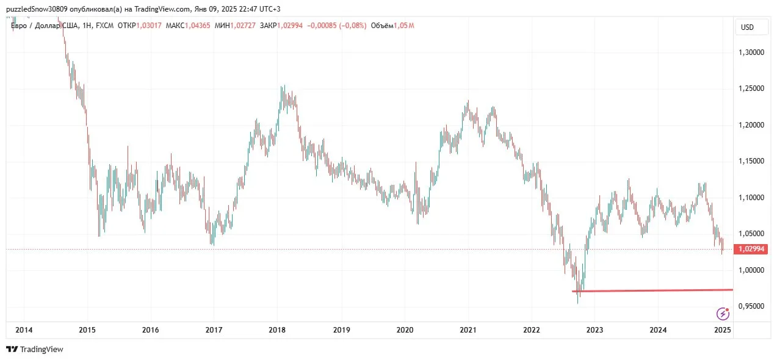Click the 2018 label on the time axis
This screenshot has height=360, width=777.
coord(277,330)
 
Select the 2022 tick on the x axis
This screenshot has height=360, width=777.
coord(531,330)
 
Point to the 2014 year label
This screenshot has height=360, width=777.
coord(23,330)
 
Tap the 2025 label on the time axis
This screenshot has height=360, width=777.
coord(722,330)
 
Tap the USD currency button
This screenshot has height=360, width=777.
coord(747,27)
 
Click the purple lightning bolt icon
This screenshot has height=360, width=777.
coord(723,314)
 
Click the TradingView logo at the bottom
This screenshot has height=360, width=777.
coord(35,350)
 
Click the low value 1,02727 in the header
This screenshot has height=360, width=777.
coord(244,26)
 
